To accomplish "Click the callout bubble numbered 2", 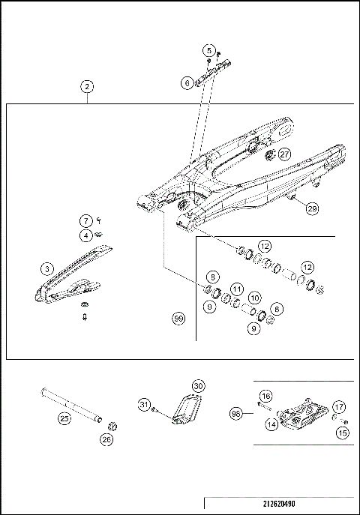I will point(88,87).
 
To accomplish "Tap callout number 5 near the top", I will point(208,50).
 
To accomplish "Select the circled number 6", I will point(187,84).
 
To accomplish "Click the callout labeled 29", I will point(312,209).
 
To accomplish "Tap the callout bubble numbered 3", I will point(46,268).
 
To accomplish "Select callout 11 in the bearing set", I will point(236,289).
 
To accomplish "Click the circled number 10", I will point(255,298).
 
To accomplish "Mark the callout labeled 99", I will point(178,319).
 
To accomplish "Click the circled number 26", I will point(106,442).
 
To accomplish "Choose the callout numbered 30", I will point(198,385).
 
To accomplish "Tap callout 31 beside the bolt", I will point(144,406).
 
